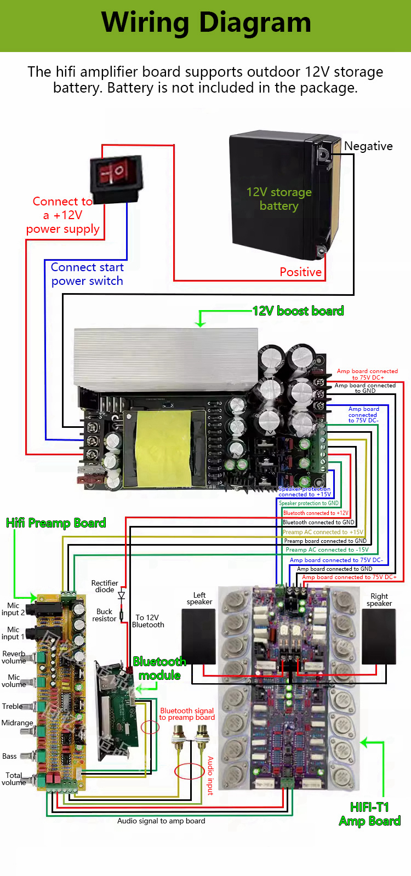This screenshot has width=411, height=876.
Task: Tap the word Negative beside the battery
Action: (368, 146)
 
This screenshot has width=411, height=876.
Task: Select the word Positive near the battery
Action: (300, 272)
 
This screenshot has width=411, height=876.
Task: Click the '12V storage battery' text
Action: (279, 199)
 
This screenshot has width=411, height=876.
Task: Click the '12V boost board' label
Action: (298, 311)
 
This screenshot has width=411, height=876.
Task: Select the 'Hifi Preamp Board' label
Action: (56, 523)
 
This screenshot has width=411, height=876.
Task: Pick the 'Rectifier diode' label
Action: (104, 586)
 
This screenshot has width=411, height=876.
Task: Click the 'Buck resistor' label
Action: (104, 615)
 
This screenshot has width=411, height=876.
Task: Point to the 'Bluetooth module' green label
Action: (159, 668)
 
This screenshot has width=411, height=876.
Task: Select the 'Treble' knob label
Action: (12, 707)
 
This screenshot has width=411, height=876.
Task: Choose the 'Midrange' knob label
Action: (17, 723)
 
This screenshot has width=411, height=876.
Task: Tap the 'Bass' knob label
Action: (9, 757)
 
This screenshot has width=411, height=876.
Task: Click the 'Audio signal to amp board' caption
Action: (161, 821)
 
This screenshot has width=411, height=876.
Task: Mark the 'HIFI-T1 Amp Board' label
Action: (370, 814)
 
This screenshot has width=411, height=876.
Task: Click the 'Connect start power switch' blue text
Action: (87, 274)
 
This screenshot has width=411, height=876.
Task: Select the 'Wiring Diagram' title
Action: (206, 23)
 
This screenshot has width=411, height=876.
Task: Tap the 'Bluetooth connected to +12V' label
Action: (316, 513)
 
